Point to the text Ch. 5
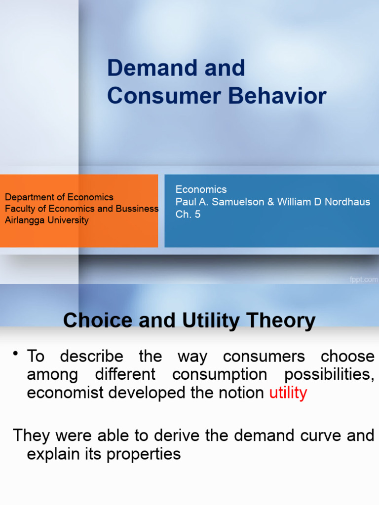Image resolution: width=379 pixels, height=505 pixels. point(188,215)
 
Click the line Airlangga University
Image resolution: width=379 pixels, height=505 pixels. point(46,220)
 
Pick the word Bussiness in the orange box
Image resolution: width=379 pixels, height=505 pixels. point(137,209)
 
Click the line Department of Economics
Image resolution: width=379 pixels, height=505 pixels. point(59,197)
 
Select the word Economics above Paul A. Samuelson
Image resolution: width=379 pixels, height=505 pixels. point(201,190)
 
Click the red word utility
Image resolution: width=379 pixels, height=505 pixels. point(288,393)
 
